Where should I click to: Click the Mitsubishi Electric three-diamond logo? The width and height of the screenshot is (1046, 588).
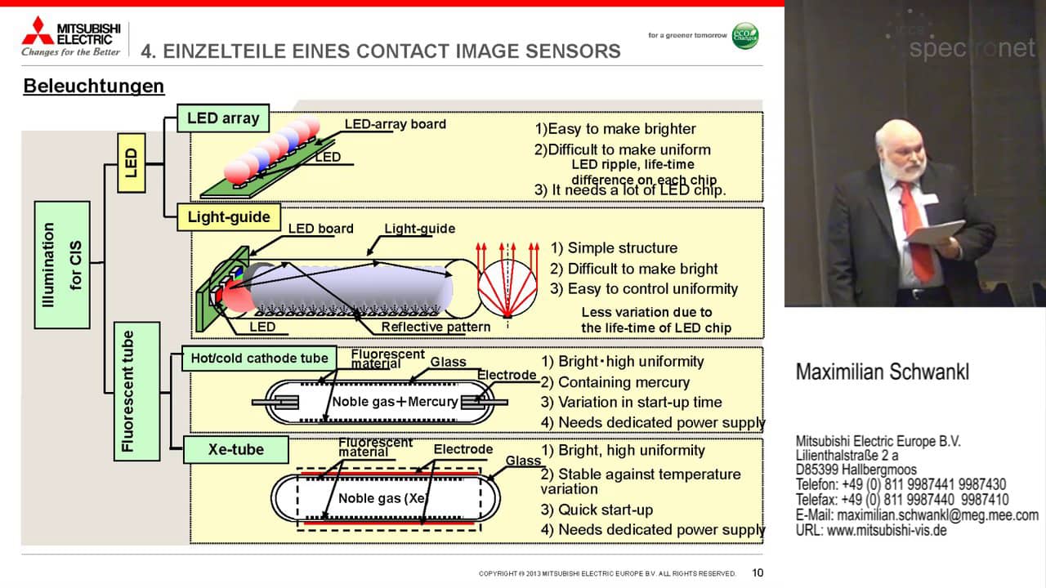[x=38, y=30]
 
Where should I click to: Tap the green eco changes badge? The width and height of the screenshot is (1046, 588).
[x=744, y=36]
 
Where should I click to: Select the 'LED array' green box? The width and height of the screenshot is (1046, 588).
[x=222, y=118]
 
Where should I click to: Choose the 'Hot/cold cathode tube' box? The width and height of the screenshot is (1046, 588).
[x=259, y=358]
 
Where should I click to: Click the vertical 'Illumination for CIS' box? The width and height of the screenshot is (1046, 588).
[x=62, y=265]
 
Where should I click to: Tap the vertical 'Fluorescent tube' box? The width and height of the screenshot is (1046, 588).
[x=136, y=391]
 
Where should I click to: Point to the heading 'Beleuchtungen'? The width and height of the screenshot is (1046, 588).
[x=93, y=86]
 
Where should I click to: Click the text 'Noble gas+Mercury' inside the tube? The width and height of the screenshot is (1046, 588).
[x=395, y=402]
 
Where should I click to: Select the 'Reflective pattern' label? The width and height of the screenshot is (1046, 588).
[x=436, y=327]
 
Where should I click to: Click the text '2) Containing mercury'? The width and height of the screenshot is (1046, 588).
[x=615, y=382]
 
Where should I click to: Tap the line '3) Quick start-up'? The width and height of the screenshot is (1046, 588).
[x=597, y=510]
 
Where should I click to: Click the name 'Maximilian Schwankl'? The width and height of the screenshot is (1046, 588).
[x=882, y=372]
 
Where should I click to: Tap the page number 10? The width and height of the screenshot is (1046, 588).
[x=758, y=572]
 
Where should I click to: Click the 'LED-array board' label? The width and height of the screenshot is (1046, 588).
[x=395, y=124]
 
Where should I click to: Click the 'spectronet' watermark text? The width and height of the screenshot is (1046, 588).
[x=972, y=49]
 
